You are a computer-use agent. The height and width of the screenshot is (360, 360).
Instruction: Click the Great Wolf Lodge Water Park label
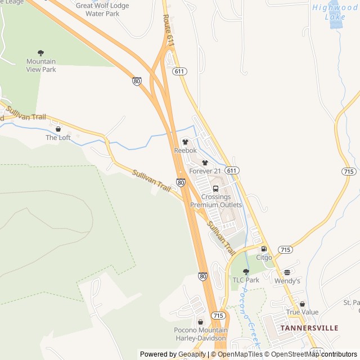coord(102,10)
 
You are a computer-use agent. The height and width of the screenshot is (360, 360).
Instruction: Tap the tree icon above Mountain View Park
coord(40,53)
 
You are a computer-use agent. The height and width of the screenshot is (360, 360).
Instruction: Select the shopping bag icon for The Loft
coord(58,129)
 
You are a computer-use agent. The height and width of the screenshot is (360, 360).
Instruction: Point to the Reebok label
coord(186,150)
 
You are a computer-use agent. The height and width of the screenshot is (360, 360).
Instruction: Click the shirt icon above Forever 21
coord(205,163)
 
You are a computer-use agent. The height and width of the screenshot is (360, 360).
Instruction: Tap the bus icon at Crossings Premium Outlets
coord(216,188)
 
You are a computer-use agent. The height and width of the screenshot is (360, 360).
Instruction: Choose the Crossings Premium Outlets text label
coord(216,201)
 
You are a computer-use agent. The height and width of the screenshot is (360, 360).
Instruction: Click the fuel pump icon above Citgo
coord(264,249)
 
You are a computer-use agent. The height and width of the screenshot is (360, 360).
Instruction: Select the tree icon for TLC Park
coord(246,272)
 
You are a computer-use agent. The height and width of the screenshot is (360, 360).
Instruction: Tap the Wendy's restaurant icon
coord(287,272)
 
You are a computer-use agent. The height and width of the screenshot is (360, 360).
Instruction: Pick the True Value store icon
coord(302,304)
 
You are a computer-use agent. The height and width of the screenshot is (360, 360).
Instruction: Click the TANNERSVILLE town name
coord(309,328)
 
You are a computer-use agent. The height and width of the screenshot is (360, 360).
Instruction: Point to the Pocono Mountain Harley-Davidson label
coord(201,334)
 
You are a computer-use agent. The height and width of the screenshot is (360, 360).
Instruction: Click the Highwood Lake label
coord(335,12)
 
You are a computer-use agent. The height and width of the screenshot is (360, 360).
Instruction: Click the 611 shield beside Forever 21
coord(231,170)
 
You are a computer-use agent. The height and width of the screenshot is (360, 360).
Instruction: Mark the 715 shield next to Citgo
coord(285,249)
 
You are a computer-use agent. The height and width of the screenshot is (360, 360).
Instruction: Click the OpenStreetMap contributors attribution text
coord(312,354)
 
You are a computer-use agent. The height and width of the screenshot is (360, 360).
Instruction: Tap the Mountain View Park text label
coord(41,65)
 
